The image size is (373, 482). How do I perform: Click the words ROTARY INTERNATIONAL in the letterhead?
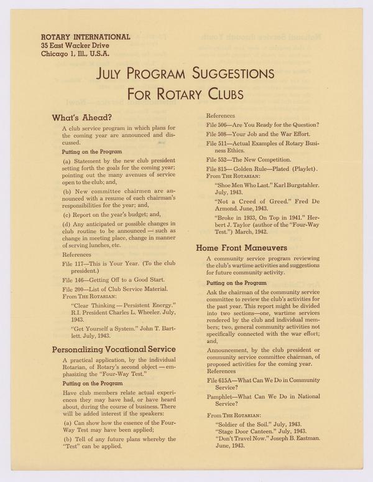[85, 37]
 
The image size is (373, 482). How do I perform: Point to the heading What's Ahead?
[82, 117]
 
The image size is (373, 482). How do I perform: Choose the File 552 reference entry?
[253, 159]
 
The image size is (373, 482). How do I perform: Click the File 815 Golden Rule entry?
[262, 169]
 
